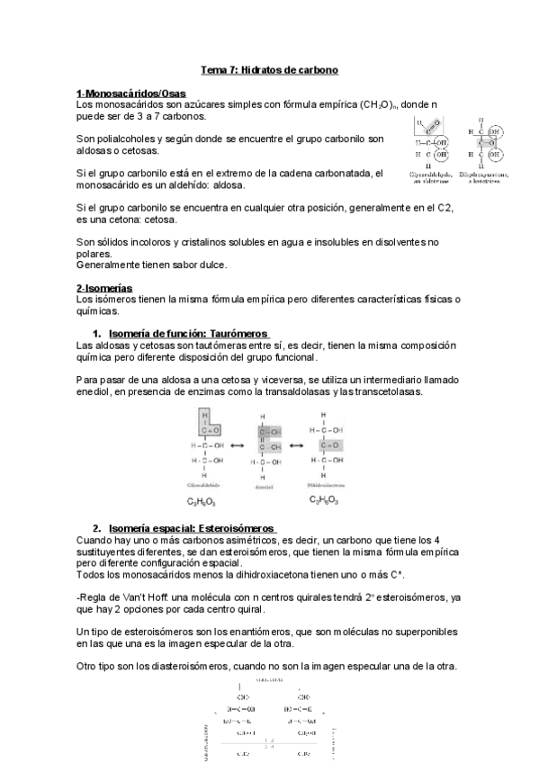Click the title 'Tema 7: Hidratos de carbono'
268,70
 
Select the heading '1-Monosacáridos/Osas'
130,94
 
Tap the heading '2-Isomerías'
104,288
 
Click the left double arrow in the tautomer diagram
238,444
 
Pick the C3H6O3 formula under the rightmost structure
324,499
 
